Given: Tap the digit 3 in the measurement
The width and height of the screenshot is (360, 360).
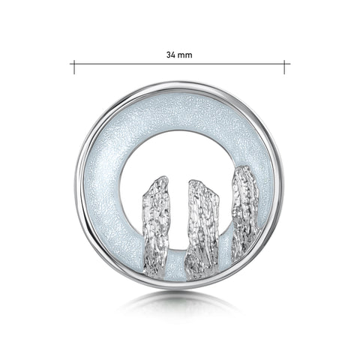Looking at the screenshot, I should coord(169,55).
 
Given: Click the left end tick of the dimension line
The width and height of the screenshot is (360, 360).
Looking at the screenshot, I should coord(73,67).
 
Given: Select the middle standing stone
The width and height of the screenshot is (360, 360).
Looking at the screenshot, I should coord(202,229).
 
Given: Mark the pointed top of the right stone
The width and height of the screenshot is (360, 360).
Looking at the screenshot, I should coord(243,166).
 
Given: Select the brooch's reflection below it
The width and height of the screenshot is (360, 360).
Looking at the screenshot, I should coord(180,303).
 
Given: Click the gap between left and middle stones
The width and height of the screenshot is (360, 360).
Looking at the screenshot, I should coord(178,225).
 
